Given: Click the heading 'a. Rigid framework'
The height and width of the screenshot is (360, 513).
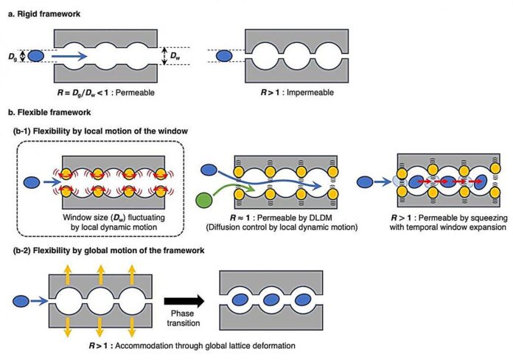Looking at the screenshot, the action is pos(44,14).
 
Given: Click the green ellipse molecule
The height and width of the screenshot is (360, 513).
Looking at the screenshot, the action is pos(204,200).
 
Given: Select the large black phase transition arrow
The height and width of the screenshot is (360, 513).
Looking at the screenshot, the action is pos(184,301).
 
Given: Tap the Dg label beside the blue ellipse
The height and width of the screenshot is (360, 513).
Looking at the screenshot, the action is pos(13,57).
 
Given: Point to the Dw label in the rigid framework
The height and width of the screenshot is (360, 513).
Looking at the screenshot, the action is pos(175,56).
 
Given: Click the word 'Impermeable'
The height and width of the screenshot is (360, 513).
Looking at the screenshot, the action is pos(310,93).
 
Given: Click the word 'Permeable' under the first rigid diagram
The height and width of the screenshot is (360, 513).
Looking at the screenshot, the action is pos(135,93).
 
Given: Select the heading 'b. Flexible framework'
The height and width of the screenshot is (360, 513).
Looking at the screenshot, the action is pos(49,112).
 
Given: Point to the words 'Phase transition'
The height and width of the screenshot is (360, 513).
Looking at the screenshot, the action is pos(184,318).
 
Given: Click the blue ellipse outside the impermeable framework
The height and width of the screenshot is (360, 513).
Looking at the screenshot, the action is pos(224,55).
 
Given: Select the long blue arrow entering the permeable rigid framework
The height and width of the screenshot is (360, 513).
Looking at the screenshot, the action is pos(69,56).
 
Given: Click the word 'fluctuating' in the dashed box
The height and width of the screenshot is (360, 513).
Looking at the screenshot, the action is pos(146,218).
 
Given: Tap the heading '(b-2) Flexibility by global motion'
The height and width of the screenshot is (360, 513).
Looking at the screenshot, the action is pos(108,251).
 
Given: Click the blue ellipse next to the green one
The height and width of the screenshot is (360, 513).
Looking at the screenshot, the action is pos(209,170).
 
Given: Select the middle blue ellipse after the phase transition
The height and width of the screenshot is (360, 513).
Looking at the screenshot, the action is pos(271,300).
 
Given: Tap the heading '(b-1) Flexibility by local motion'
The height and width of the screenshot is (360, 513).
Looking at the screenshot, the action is pos(100,131).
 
